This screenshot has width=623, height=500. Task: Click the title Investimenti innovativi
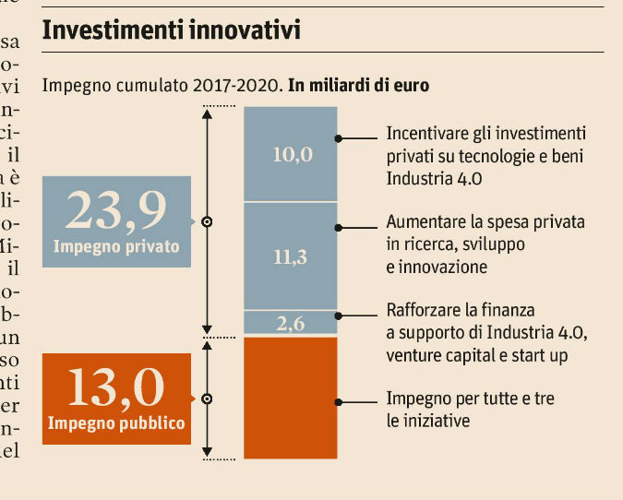click(173, 30)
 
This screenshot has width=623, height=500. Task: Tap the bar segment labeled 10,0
click(292, 154)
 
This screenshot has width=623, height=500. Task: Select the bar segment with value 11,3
click(292, 256)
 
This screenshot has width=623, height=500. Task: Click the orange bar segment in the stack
click(292, 398)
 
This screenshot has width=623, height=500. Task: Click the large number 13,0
click(116, 389)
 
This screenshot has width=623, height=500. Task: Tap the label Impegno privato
click(116, 247)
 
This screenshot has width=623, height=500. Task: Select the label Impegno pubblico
click(117, 424)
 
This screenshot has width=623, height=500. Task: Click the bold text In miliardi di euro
click(359, 86)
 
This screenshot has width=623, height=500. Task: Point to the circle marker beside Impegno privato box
click(207, 222)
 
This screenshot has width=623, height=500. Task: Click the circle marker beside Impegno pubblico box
click(207, 399)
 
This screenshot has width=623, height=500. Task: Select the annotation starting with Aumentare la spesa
click(485, 244)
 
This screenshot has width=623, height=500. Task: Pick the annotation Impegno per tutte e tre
click(470, 410)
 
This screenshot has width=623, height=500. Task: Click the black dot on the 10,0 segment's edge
click(339, 138)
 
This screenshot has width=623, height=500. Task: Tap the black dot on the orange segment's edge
click(339, 402)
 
